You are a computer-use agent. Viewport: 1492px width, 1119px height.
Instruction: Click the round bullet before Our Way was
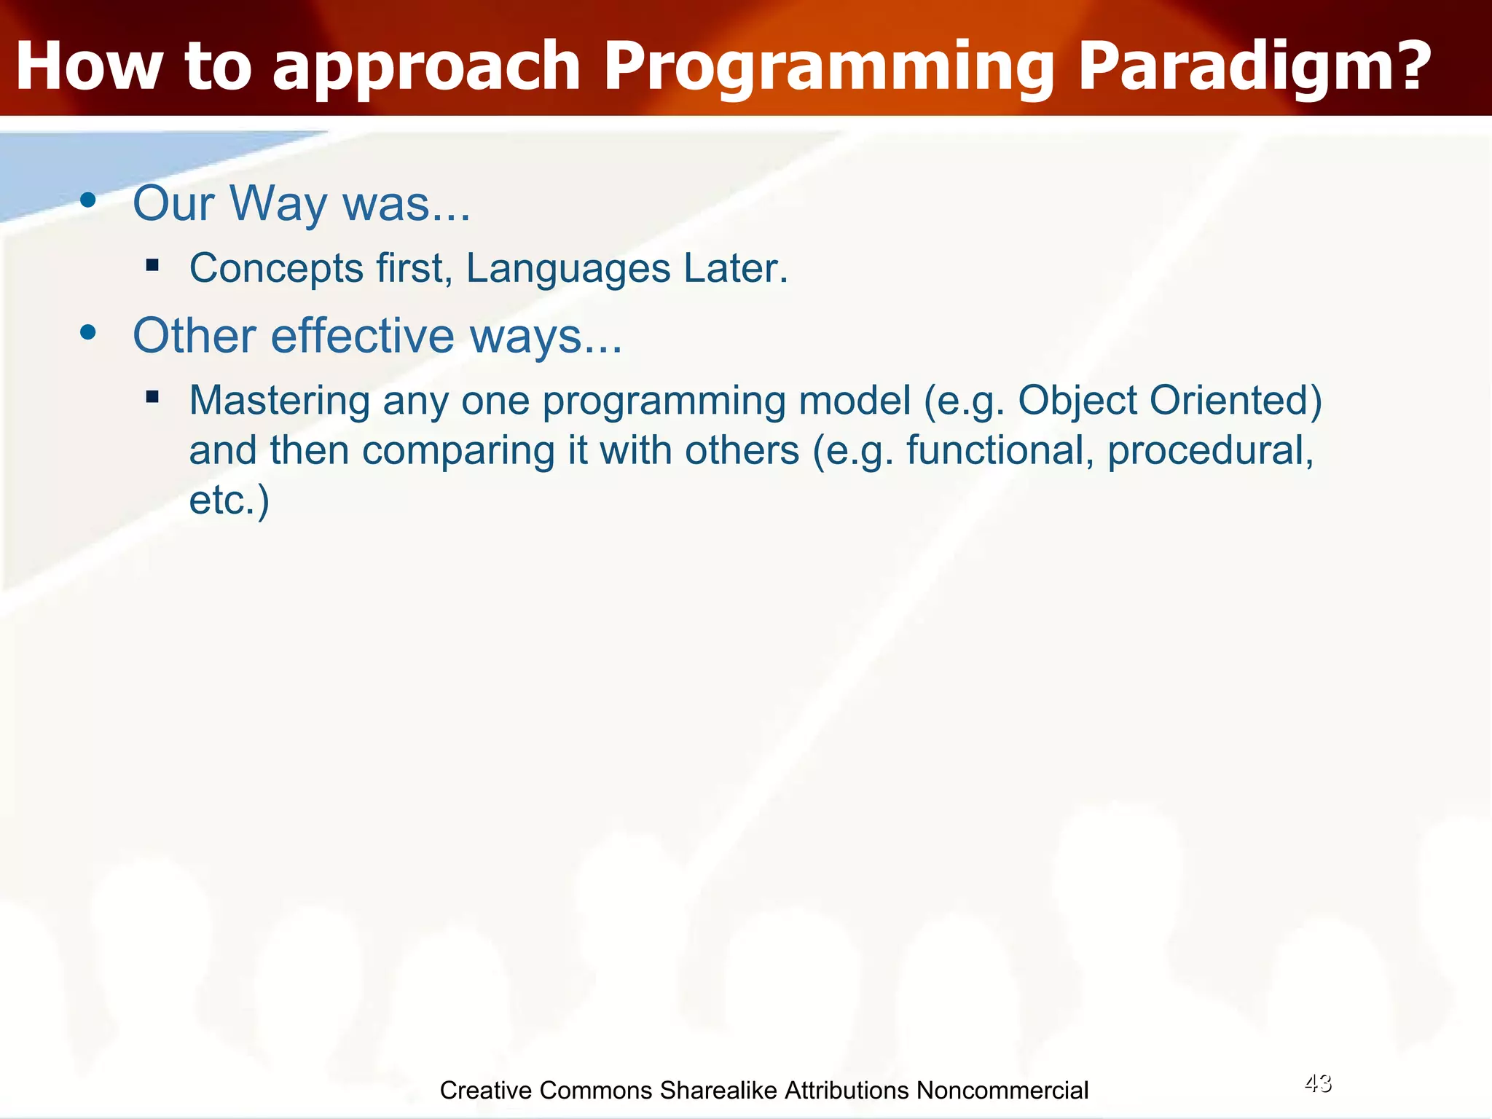[88, 200]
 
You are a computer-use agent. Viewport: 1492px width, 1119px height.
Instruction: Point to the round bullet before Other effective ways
[88, 333]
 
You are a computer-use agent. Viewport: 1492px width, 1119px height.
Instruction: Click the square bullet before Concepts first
[152, 265]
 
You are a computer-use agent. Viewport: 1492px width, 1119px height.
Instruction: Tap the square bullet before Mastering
[152, 397]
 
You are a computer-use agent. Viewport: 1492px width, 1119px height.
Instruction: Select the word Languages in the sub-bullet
[568, 269]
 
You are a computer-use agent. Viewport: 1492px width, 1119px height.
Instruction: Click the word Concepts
[276, 269]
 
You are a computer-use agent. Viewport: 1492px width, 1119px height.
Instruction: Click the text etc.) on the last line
[229, 500]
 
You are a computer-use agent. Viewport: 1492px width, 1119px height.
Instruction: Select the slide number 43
[1318, 1083]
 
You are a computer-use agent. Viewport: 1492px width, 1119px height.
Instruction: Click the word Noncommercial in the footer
[1002, 1091]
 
